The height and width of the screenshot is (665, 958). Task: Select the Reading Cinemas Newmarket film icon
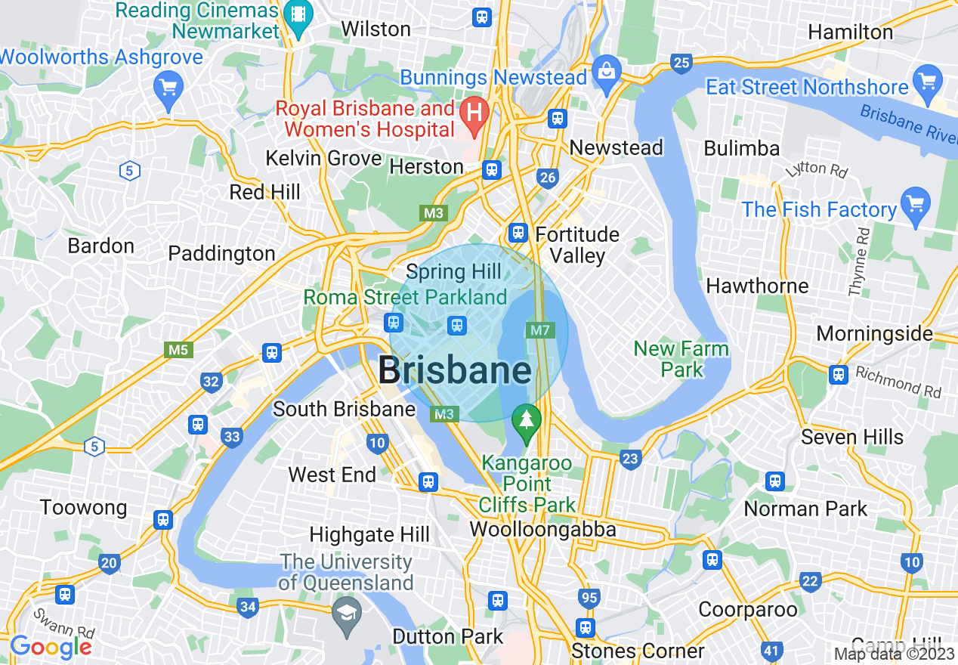click(299, 17)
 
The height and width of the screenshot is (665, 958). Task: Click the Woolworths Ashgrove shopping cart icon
click(167, 88)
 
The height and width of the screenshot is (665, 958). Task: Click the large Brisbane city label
click(454, 370)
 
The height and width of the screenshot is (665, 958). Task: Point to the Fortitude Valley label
click(577, 245)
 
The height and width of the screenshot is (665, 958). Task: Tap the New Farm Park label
click(681, 359)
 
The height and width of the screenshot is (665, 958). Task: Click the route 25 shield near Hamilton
click(681, 63)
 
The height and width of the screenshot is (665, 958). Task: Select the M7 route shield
click(539, 330)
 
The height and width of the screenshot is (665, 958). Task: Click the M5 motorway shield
click(178, 350)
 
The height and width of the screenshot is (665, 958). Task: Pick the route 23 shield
click(629, 458)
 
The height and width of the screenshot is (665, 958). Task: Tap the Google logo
click(51, 647)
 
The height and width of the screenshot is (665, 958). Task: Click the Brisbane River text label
click(907, 121)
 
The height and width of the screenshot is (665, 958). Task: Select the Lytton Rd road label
click(817, 170)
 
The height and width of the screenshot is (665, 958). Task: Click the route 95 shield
click(589, 598)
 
